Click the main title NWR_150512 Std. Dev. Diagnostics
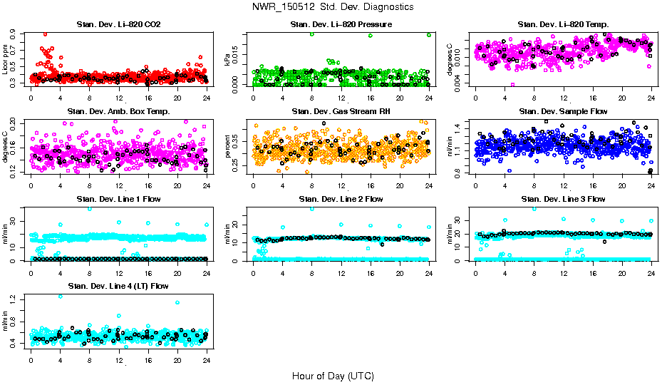pos(333,7)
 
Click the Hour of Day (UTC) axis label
pos(333,375)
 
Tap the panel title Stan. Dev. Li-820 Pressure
pos(341,25)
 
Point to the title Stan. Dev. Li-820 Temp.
pos(563,25)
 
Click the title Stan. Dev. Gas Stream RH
pos(341,112)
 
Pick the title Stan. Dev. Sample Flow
pos(563,112)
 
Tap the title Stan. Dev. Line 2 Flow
pos(341,199)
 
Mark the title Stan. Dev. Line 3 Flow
pos(563,199)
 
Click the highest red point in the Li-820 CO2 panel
pos(46,34)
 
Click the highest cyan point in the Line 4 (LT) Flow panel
pos(61,296)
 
